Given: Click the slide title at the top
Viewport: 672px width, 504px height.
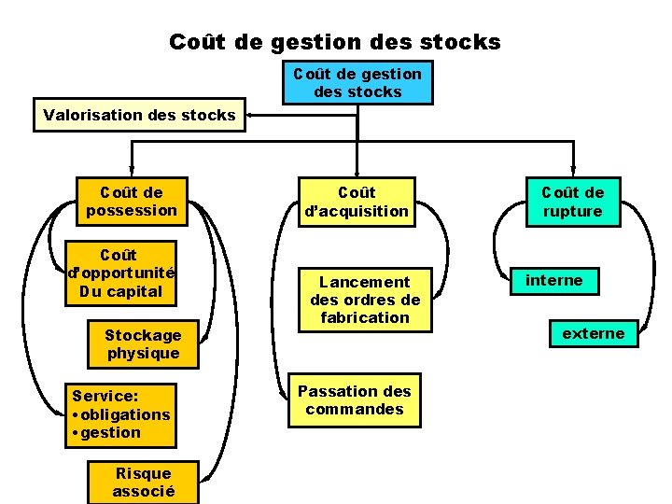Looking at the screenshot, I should point(334,42).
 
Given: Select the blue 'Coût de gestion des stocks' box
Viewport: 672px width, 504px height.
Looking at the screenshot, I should point(357,82).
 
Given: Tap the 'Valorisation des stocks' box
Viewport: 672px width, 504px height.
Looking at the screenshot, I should point(139,116).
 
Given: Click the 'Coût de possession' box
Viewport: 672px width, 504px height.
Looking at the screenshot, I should point(131,202).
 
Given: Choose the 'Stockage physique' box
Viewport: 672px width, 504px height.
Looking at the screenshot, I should point(142,344).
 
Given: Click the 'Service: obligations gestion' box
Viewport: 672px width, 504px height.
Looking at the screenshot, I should point(120,414).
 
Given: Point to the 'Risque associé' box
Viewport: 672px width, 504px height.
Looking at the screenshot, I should point(143,482).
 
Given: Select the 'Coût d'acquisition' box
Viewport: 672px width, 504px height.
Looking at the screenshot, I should point(357,202).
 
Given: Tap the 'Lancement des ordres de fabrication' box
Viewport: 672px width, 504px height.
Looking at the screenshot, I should point(365,300).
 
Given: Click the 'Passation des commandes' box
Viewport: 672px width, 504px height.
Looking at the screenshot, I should point(355,400).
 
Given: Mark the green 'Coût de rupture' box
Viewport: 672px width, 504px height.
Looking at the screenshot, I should point(573,202).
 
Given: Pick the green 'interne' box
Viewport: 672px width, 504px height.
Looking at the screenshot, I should point(553,280).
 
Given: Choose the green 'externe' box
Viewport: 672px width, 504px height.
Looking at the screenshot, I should point(593,333).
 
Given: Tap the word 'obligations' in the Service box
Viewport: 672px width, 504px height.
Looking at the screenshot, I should point(125,414).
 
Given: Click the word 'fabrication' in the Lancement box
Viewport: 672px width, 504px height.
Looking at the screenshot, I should point(365,317).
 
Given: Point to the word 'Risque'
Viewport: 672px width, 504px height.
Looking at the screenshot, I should point(143,472).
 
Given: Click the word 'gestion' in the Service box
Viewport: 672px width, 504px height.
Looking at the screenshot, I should point(110,432).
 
